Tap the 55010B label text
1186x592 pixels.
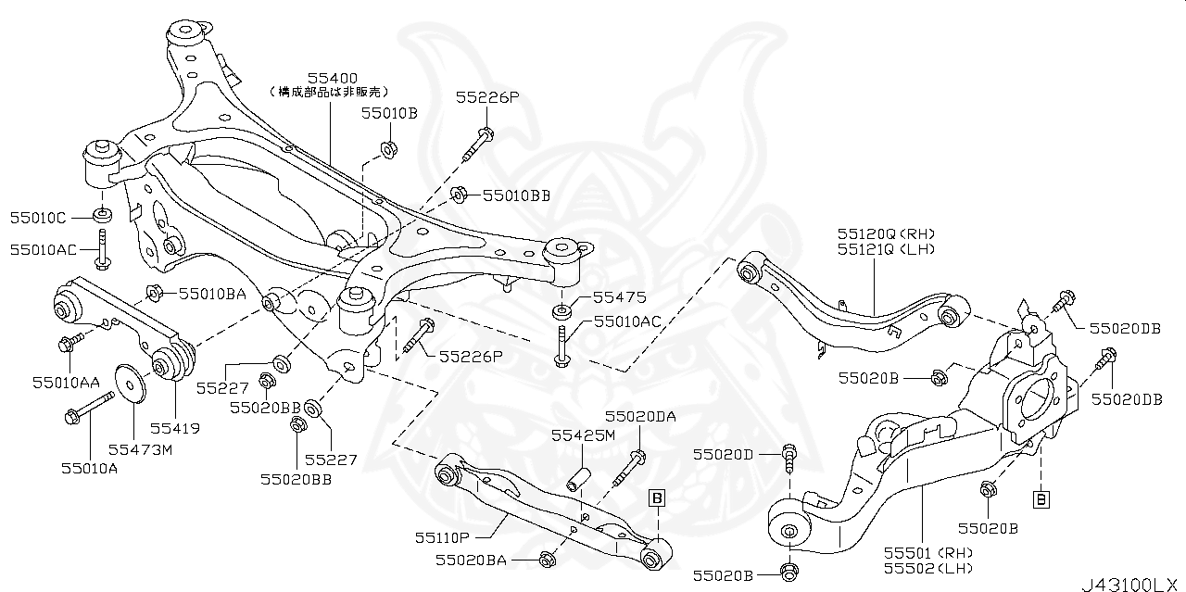click(389, 113)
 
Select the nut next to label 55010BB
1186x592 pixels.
click(458, 194)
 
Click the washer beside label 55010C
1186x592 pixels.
click(103, 217)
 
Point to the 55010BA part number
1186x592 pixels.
click(212, 294)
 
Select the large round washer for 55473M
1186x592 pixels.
click(129, 384)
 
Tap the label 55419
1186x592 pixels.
click(175, 429)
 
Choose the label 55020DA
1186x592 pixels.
click(640, 417)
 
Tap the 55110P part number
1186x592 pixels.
click(442, 536)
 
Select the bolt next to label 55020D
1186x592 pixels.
click(789, 455)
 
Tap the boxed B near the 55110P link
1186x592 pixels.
click(656, 498)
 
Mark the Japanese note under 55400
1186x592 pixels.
click(330, 93)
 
